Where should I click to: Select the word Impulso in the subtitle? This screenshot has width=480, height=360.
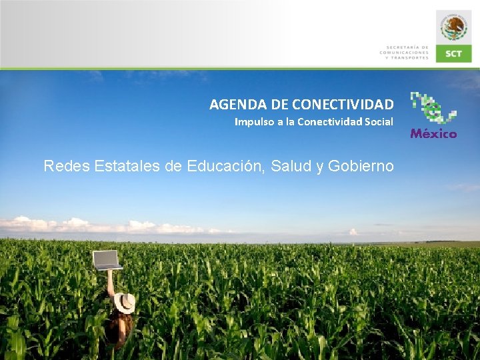coord(251,122)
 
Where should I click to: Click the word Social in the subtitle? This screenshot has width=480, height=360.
coord(379,122)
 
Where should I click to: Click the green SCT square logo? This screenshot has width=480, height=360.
coord(454,53)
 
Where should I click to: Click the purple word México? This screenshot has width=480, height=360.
coord(433,134)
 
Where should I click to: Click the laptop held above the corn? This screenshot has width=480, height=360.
coord(107,260)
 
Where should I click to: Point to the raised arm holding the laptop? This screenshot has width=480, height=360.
coord(110,283)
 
